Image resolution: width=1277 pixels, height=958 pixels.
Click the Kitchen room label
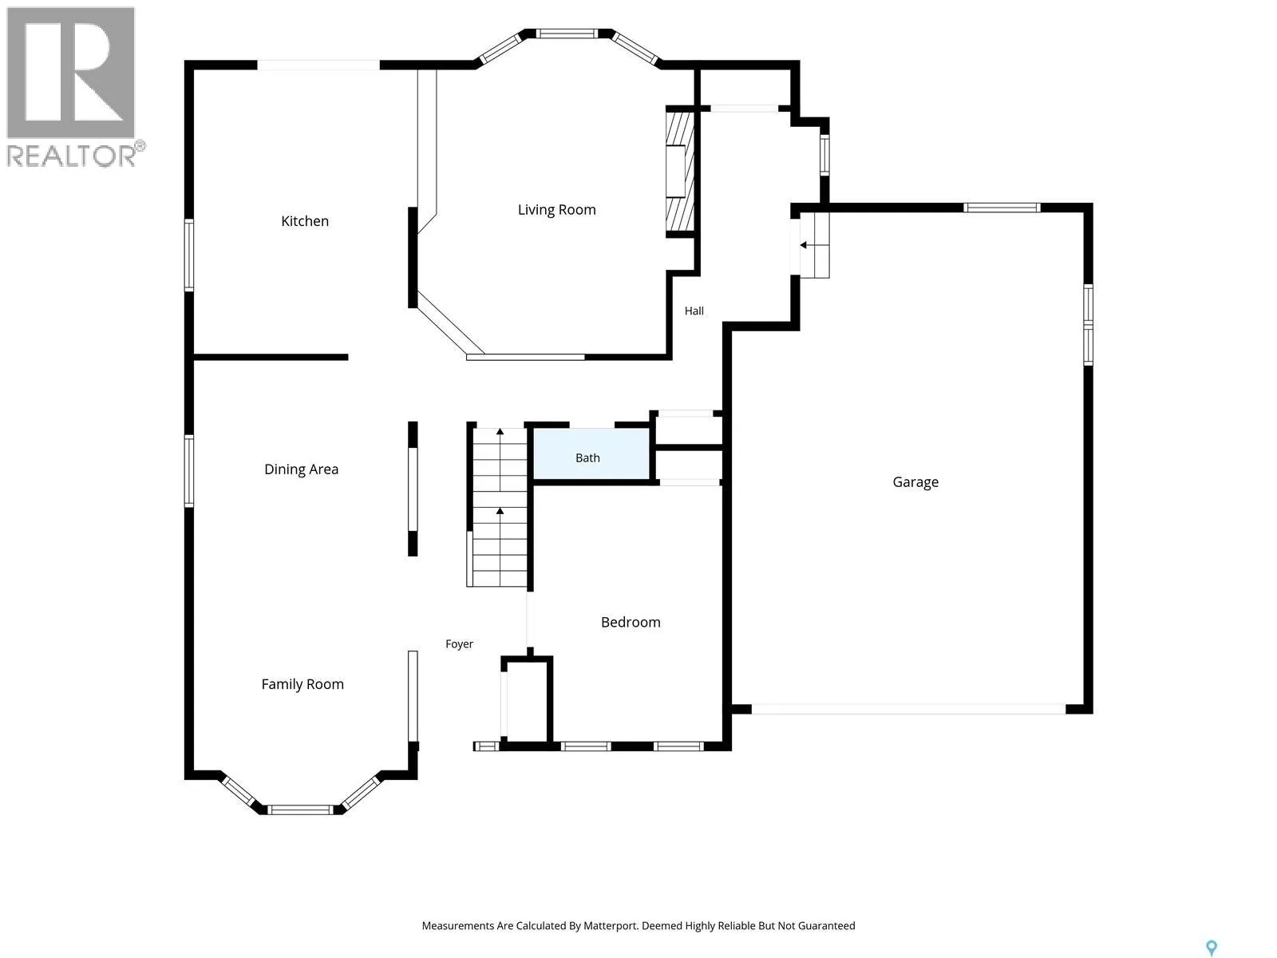(305, 221)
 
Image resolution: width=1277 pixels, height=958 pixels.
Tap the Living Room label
(557, 210)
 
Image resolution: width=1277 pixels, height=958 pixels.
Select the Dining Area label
(302, 469)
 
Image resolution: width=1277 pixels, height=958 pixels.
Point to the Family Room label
(302, 684)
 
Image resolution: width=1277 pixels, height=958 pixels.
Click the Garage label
(915, 482)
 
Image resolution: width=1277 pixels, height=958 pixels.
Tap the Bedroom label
(631, 623)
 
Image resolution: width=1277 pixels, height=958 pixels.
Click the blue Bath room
(591, 454)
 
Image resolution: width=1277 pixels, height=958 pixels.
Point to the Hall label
(694, 311)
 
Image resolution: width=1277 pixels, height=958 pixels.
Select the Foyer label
(459, 644)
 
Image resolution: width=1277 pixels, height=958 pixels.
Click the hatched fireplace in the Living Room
(679, 172)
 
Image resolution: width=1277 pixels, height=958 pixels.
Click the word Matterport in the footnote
(611, 925)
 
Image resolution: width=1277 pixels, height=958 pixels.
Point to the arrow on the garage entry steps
(804, 245)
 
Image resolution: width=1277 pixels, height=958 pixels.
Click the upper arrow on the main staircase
(500, 432)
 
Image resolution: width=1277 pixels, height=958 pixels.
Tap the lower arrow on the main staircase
(500, 511)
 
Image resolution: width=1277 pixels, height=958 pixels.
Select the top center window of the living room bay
(566, 34)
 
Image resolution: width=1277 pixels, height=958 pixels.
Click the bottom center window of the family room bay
(300, 810)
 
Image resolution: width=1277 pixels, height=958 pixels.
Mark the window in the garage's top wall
(1001, 208)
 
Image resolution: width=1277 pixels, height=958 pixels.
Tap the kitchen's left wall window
(189, 255)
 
